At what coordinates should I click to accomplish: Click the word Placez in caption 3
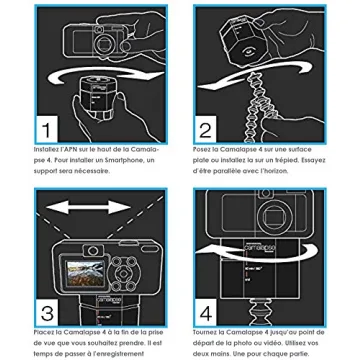pyautogui.click(x=45, y=329)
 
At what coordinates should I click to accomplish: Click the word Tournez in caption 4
pyautogui.click(x=205, y=329)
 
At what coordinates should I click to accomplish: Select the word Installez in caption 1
pyautogui.click(x=49, y=149)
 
